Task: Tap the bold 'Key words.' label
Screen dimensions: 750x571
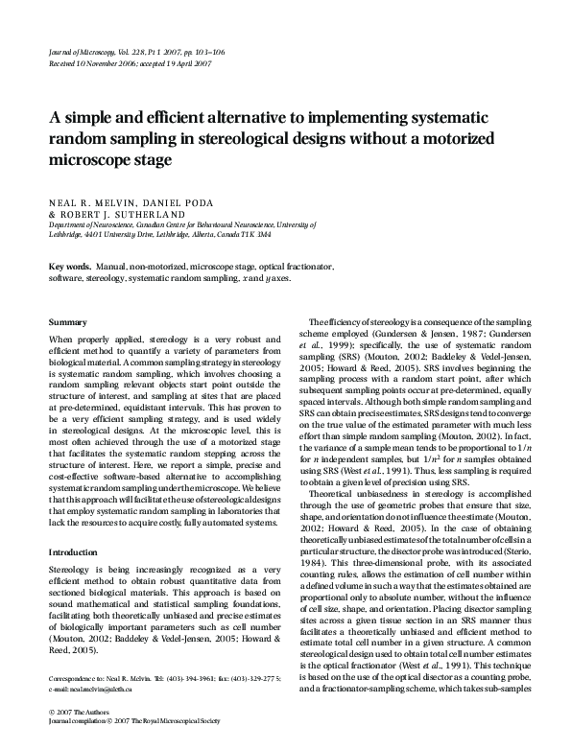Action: [70, 265]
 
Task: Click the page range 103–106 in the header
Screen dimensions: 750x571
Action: [232, 51]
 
